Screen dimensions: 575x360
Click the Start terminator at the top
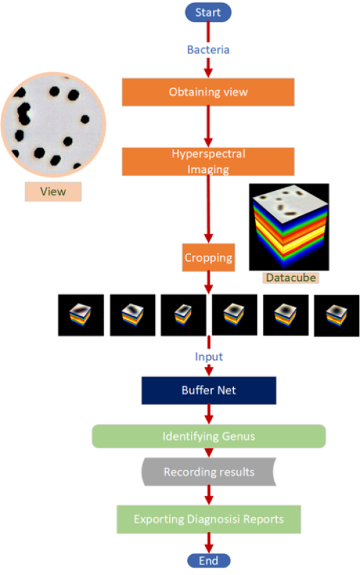point(208,12)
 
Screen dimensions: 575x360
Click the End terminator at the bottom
point(208,561)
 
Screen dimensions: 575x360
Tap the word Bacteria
point(208,50)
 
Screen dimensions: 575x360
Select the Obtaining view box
point(208,92)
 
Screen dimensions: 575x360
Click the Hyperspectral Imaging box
point(208,161)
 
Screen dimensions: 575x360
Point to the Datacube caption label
point(290,277)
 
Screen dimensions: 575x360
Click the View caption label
point(53,191)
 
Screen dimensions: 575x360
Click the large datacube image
point(289,227)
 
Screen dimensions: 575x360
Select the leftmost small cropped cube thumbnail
point(81,315)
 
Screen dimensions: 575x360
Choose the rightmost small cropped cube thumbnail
point(337,315)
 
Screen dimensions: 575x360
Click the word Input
point(208,357)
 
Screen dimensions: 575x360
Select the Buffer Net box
point(208,390)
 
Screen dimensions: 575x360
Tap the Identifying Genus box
point(208,436)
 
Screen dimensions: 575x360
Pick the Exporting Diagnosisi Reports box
point(208,519)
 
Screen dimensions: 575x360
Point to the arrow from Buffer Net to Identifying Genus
point(208,414)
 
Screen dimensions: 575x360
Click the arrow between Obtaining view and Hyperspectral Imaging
point(208,126)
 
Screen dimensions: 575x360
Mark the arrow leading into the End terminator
point(208,543)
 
